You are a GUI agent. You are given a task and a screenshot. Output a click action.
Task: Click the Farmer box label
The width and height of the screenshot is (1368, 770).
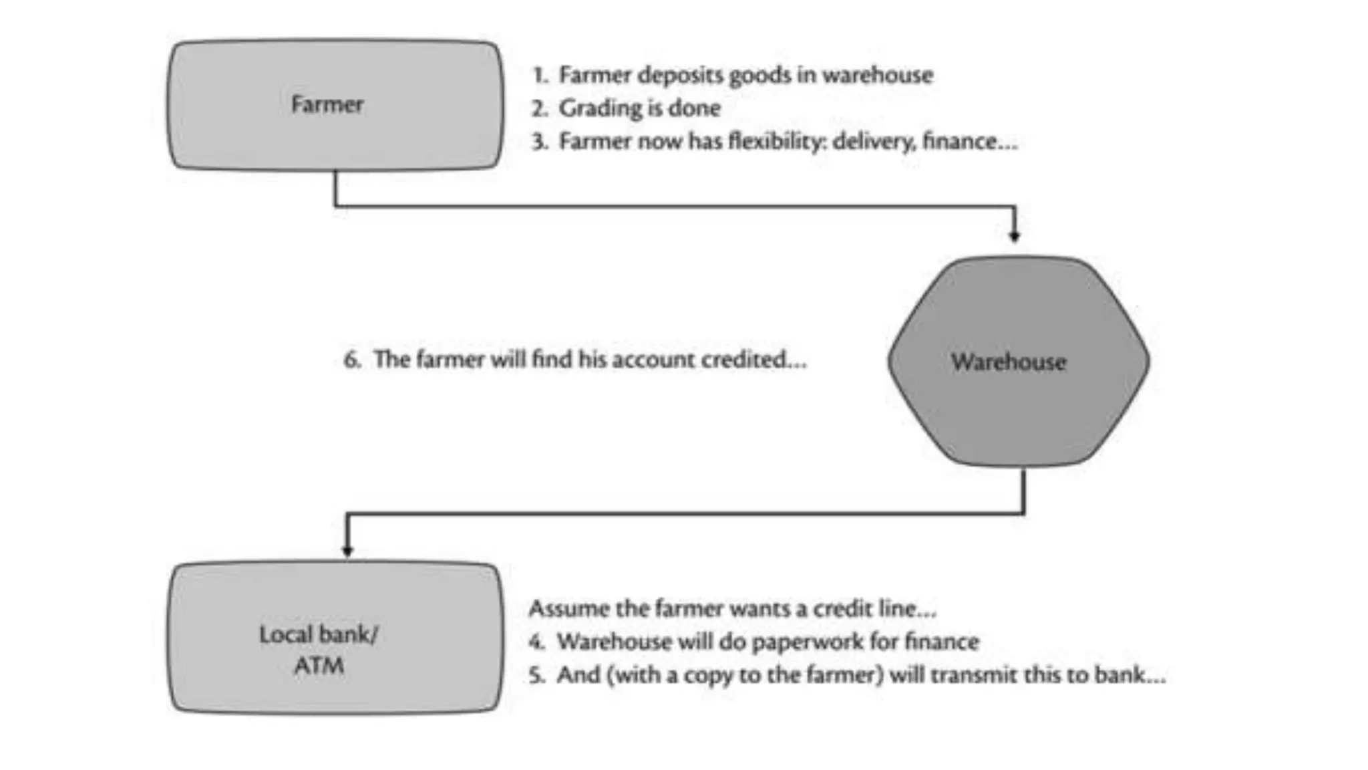click(x=327, y=104)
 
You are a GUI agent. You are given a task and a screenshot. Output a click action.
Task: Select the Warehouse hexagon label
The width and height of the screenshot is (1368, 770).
click(x=1008, y=362)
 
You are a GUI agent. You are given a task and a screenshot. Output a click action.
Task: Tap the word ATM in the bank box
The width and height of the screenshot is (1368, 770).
click(x=319, y=666)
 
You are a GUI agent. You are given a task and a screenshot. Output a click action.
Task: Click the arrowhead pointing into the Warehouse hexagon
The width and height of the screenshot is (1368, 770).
click(x=1014, y=236)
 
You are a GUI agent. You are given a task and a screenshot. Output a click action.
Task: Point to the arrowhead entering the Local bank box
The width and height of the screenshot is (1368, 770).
click(x=347, y=551)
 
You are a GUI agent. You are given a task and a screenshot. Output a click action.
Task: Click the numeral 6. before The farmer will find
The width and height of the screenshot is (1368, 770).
click(x=352, y=360)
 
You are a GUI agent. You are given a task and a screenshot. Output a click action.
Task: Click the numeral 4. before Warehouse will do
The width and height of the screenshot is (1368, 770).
click(x=536, y=642)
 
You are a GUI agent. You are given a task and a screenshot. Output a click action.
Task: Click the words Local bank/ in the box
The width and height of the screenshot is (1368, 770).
click(x=319, y=634)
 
